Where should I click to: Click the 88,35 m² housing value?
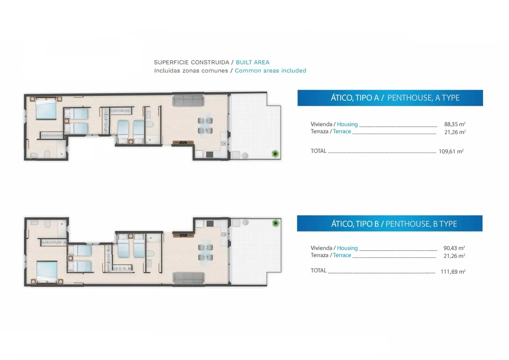[455, 124]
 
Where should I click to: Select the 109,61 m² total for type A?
[451, 151]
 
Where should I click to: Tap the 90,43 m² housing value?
[454, 248]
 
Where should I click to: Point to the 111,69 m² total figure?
[453, 272]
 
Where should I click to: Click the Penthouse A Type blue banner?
[390, 98]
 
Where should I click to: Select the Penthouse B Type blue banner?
[389, 224]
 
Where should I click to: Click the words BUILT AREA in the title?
[253, 63]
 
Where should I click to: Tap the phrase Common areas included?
[270, 71]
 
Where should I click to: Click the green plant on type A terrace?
[275, 154]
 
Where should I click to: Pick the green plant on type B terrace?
[276, 223]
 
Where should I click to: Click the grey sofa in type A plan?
[188, 101]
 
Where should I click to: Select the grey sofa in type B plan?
[188, 278]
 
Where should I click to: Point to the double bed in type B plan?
[47, 272]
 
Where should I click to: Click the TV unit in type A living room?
[183, 143]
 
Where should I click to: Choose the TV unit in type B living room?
[183, 234]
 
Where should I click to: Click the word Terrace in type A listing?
[342, 131]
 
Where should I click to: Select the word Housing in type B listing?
[347, 248]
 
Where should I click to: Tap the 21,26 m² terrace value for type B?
[455, 256]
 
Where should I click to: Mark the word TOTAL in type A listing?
[318, 151]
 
